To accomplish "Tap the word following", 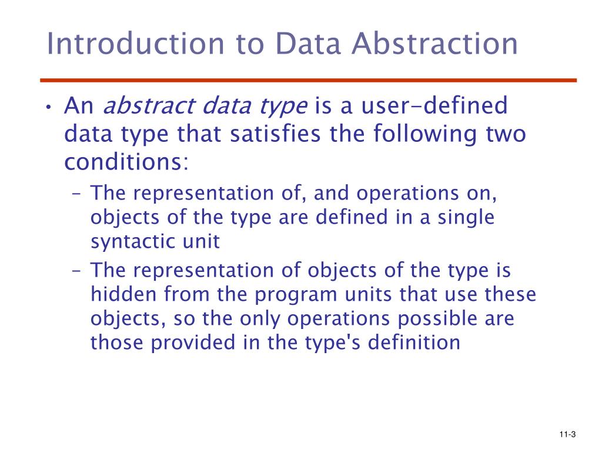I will pos(428,134).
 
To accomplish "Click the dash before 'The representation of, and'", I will pos(79,193).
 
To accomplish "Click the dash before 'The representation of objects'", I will pos(79,271).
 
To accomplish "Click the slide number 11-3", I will pos(567,435).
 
